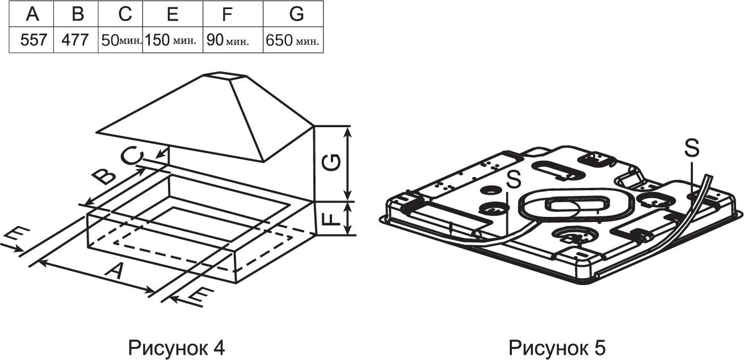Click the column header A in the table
point(32,14)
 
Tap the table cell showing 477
point(75,40)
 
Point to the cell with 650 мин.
point(292,40)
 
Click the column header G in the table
point(297,14)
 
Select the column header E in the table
point(173,14)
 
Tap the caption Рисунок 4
point(176,348)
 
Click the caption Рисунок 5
point(557,348)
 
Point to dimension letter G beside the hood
point(331,162)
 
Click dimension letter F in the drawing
point(331,219)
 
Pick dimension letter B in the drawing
point(104,177)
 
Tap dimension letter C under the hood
point(132,156)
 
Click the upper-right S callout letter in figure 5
point(692,148)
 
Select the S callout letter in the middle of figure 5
point(514,179)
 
